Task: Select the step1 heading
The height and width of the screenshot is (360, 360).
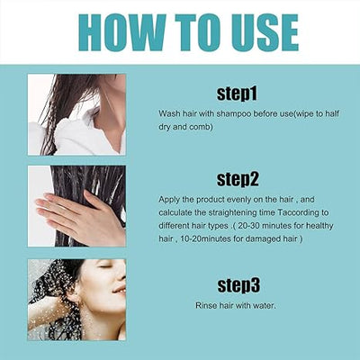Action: click(237, 93)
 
